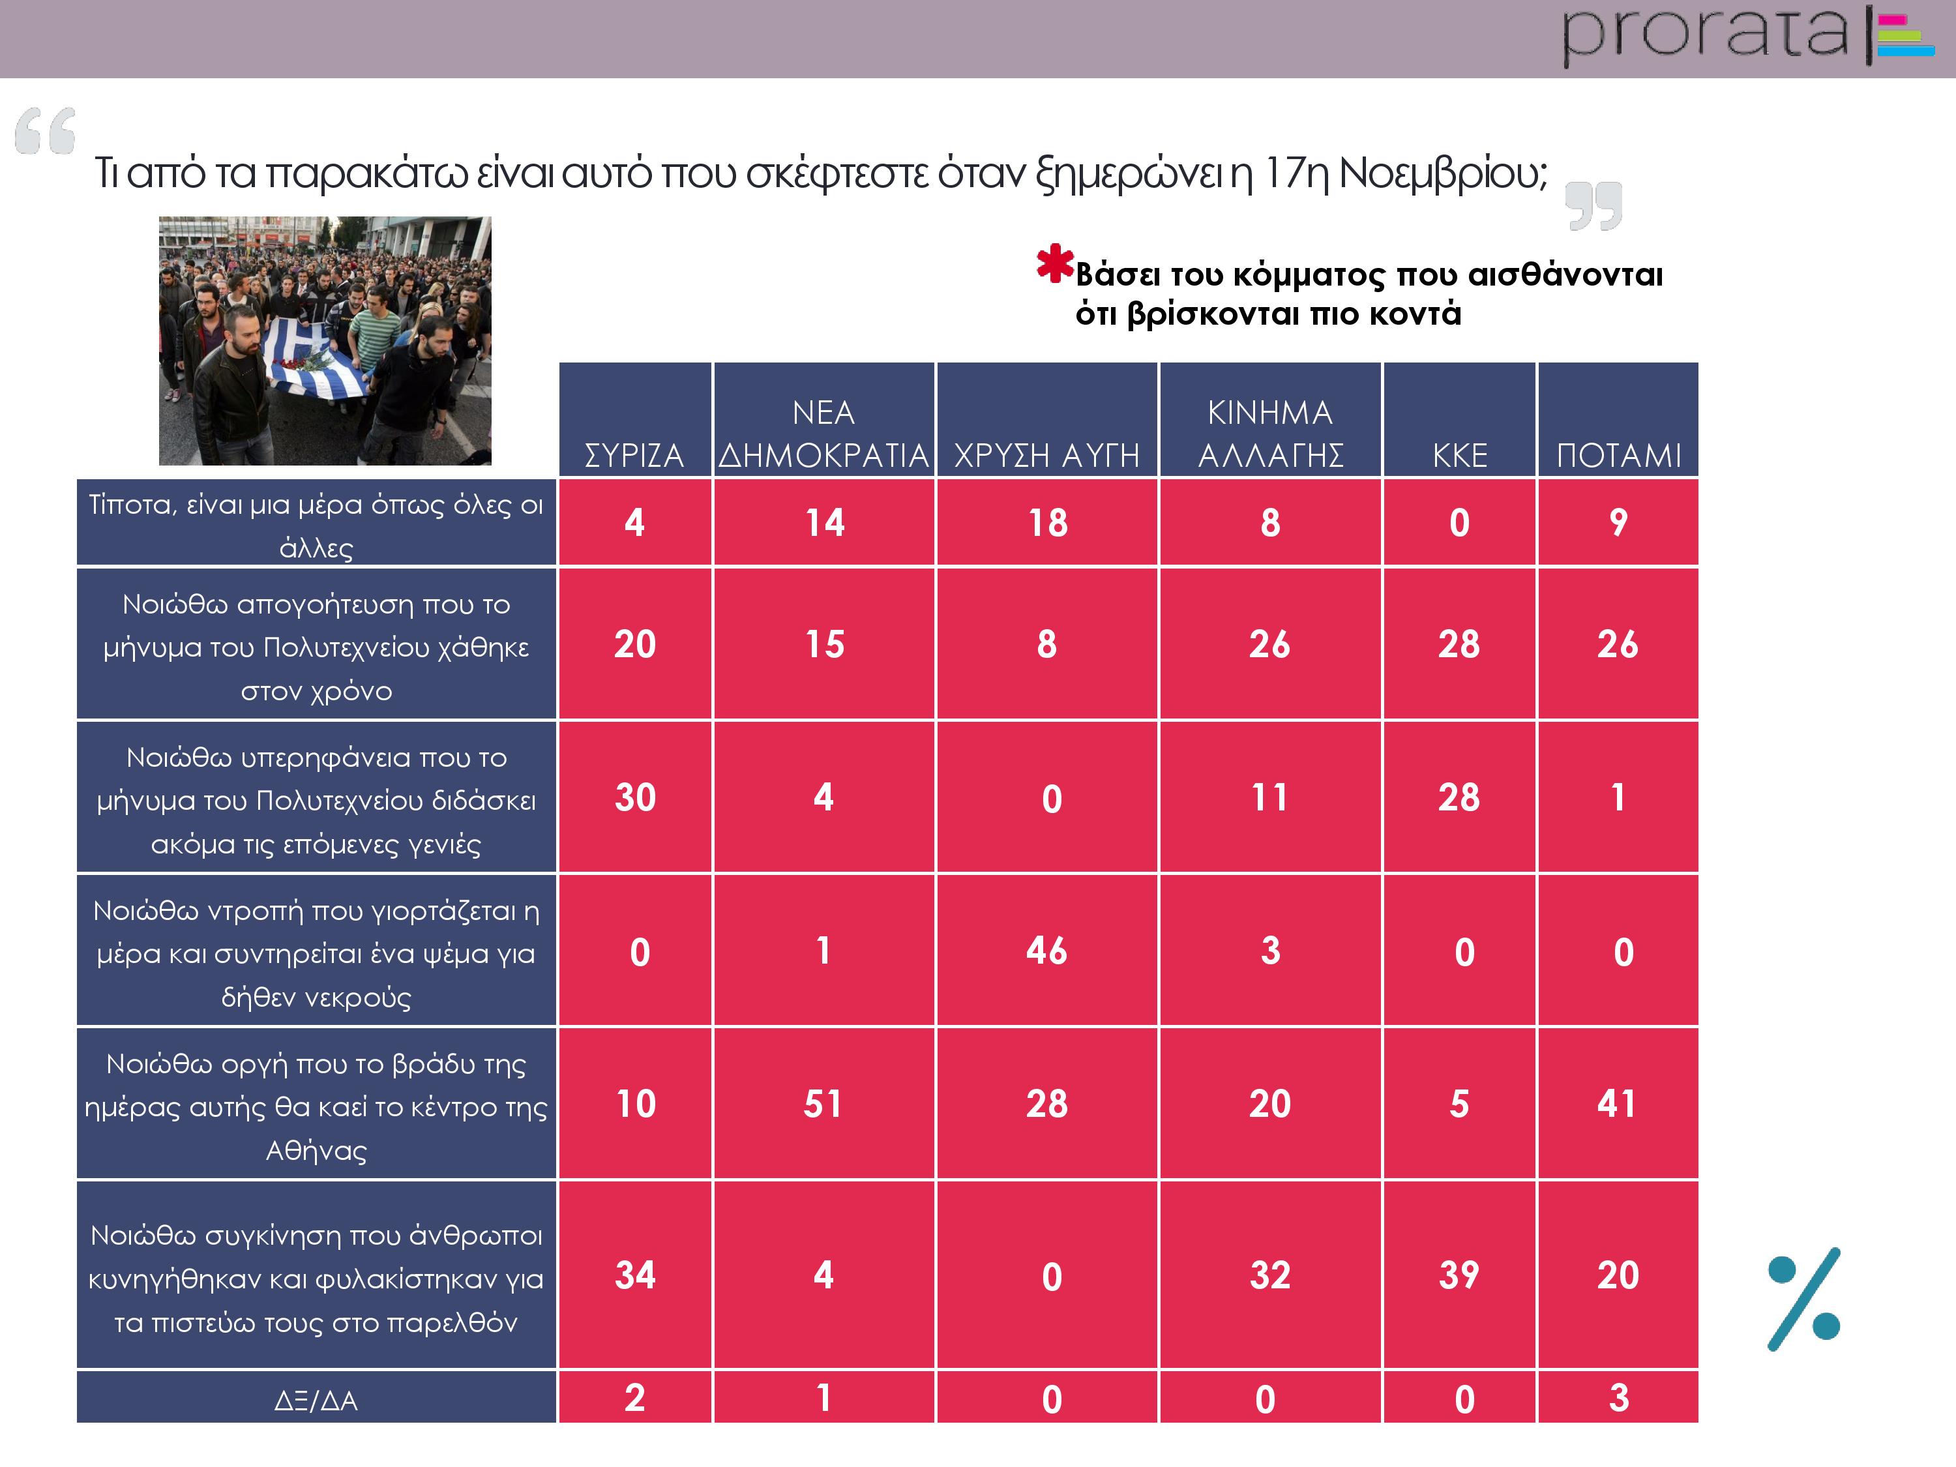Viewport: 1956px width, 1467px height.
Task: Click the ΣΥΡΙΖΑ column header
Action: (x=634, y=455)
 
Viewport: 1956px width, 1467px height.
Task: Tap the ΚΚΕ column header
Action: (x=1459, y=455)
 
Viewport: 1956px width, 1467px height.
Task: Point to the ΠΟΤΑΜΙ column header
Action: (x=1618, y=455)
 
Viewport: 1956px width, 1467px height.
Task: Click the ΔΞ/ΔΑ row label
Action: (x=316, y=1400)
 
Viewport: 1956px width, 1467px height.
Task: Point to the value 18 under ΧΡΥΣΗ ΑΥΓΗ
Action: (x=1047, y=523)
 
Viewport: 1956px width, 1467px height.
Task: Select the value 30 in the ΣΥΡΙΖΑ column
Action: (x=635, y=797)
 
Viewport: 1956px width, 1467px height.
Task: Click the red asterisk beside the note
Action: (x=1054, y=263)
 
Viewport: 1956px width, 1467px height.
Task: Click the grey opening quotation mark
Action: (x=45, y=131)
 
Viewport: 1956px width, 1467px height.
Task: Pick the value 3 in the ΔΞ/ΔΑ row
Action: (x=1618, y=1398)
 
